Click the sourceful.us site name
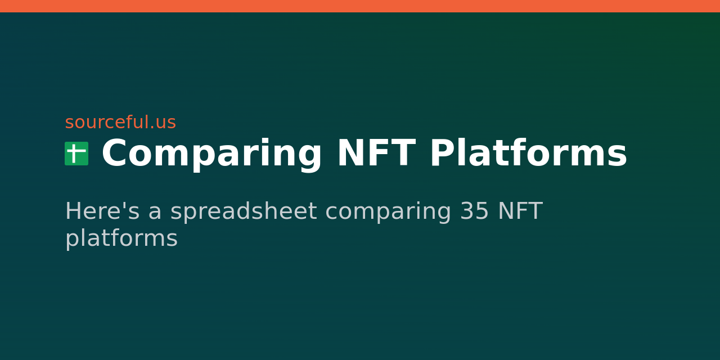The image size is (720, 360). [x=120, y=123]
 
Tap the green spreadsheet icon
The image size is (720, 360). [x=76, y=154]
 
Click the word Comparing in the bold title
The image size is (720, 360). [x=211, y=154]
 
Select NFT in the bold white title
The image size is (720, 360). [x=376, y=154]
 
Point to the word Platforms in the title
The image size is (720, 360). [x=528, y=154]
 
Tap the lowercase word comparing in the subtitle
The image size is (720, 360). [x=388, y=212]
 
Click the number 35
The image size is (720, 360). [x=474, y=211]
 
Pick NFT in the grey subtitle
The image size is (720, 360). [x=520, y=211]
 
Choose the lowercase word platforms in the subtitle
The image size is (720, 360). [x=121, y=238]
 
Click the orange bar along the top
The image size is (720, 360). [x=360, y=6]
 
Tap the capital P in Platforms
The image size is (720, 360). [x=441, y=154]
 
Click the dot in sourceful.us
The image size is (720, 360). [x=151, y=128]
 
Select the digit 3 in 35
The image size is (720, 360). [x=467, y=211]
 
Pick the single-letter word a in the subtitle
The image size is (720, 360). [x=155, y=214]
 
